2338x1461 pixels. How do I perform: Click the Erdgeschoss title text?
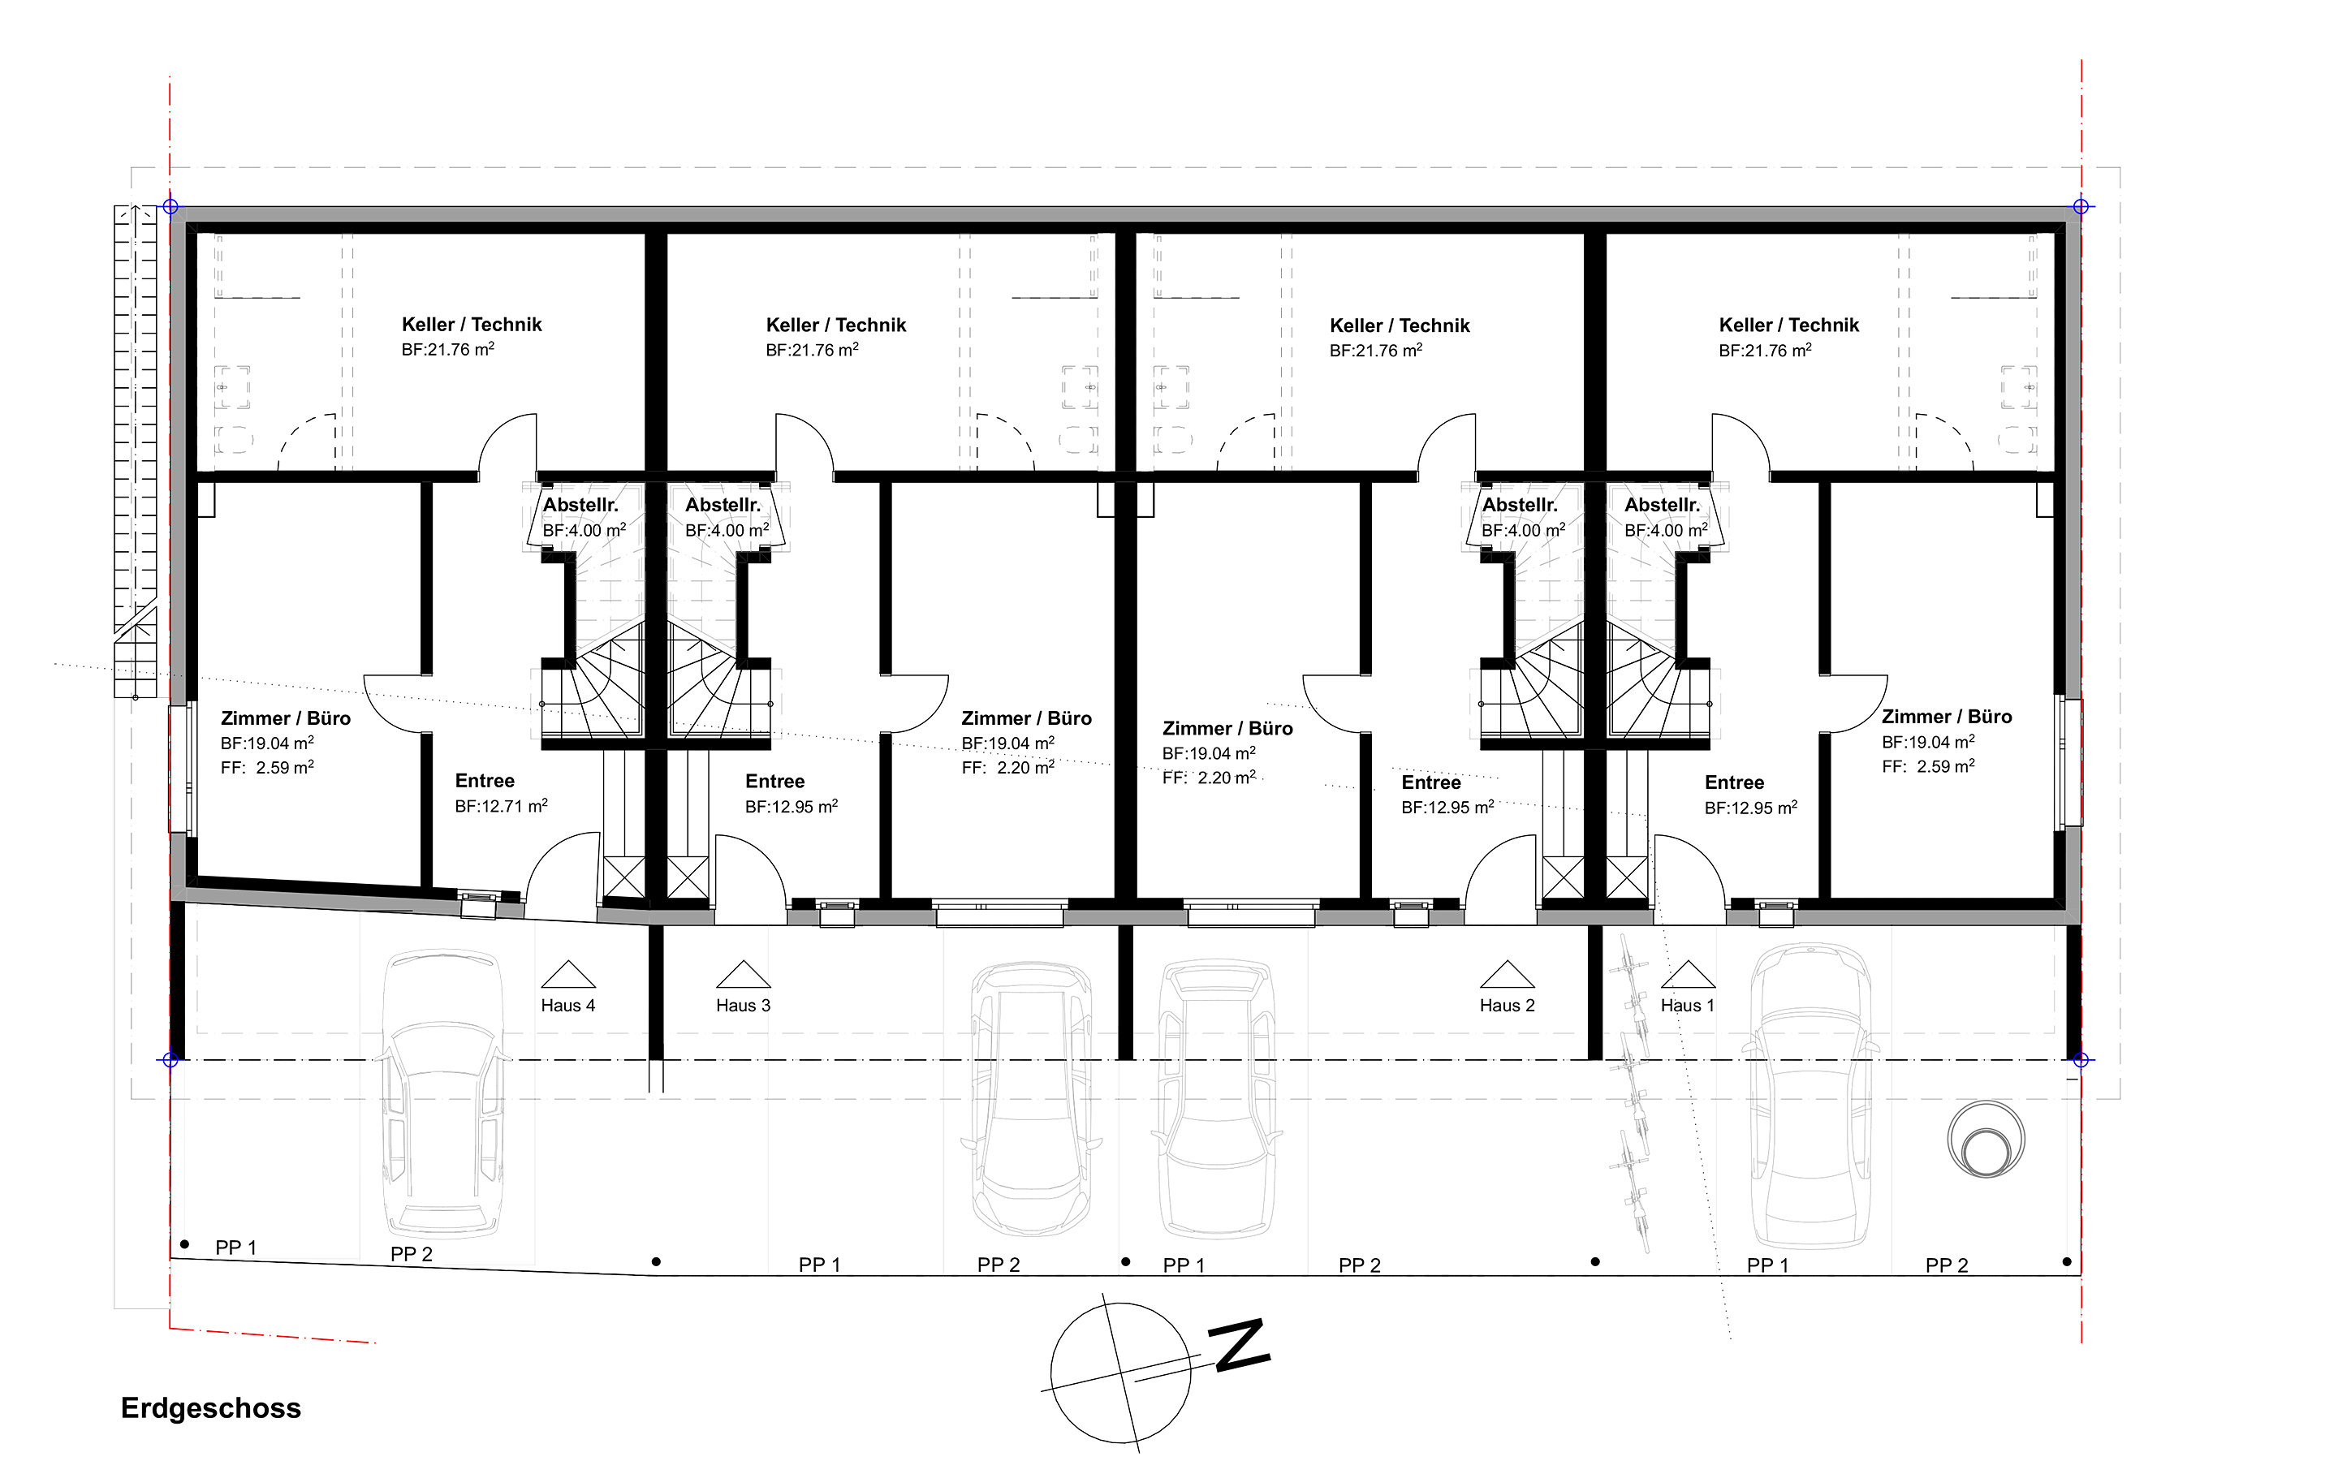coord(210,1409)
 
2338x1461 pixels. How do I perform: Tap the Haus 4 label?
coord(568,1006)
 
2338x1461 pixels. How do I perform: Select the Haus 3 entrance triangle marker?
coord(743,974)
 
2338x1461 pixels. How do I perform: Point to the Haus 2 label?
coord(1508,1006)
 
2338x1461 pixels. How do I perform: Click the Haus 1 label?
coord(1688,1006)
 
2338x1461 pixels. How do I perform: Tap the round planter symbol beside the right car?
coord(1986,1140)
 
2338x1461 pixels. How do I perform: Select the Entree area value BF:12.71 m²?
coord(502,806)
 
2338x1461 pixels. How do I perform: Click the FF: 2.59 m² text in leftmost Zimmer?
coord(266,767)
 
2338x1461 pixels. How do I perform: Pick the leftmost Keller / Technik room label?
coord(472,325)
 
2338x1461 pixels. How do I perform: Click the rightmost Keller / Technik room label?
coord(1789,325)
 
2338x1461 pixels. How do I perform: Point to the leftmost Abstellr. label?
coord(580,504)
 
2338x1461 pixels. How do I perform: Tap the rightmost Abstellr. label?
coord(1663,504)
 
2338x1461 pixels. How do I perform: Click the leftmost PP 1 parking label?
coord(235,1248)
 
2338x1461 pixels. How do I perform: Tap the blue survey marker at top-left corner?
coord(170,206)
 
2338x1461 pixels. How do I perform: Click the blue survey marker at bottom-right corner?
coord(2081,1060)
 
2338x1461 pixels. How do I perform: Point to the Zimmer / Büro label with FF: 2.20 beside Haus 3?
coord(1026,719)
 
